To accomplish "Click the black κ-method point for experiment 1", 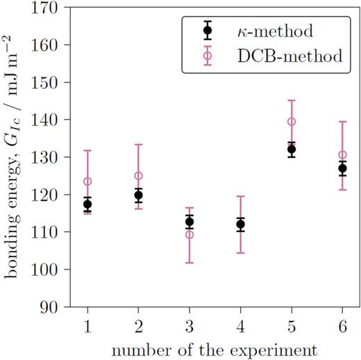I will coord(87,204).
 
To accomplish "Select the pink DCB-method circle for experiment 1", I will coord(87,181).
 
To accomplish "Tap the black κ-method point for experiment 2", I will coord(138,195).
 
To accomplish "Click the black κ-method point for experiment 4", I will coord(240,224).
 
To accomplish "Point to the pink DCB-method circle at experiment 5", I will coord(292,122).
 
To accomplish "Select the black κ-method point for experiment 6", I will coord(342,168).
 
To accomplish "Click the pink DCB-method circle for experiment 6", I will coord(342,155).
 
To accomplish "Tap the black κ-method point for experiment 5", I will coord(292,149).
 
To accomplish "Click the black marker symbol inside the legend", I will coord(207,31).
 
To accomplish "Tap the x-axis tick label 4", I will coord(240,325).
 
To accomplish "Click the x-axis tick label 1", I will coord(87,325).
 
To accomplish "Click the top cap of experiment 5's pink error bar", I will coord(292,100).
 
